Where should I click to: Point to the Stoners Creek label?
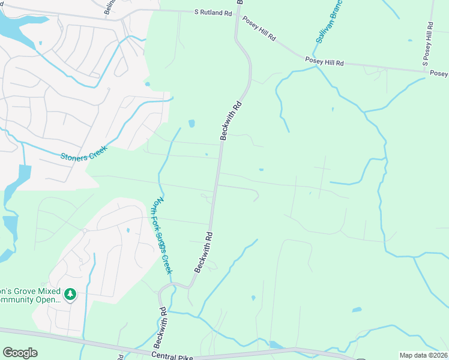coord(83,153)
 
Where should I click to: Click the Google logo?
coord(20,353)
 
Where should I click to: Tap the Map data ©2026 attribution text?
coord(424,355)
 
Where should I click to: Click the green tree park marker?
coord(70,294)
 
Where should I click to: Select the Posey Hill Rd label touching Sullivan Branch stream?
coord(324,62)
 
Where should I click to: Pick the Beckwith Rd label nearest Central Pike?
coord(159,328)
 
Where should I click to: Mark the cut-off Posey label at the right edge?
coord(439,73)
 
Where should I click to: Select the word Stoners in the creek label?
coord(73,156)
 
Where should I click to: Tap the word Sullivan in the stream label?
coord(323,28)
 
